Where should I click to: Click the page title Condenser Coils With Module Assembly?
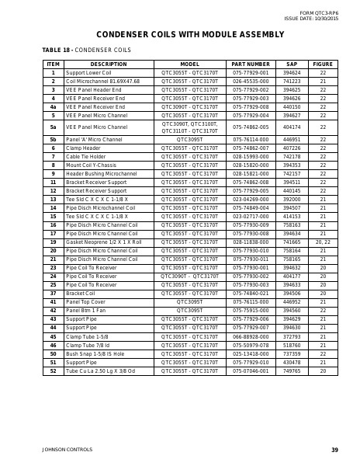coord(179,35)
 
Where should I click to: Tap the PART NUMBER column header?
coord(251,64)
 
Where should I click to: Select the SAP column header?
coord(292,64)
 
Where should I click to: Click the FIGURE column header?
coord(323,64)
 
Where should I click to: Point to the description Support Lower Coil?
coord(89,72)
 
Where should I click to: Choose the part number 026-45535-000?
coord(251,81)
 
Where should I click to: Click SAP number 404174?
coord(292,126)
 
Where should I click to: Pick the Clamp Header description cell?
coord(83,148)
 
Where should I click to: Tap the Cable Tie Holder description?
coord(85,156)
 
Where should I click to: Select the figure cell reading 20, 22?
coord(323,242)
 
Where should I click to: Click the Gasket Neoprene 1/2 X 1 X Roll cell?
coord(103,242)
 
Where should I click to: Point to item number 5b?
coord(53,139)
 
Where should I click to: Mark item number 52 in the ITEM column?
coord(53,370)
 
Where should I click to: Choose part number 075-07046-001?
coord(251,370)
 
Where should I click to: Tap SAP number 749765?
coord(292,370)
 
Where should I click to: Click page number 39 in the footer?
coord(334,450)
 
